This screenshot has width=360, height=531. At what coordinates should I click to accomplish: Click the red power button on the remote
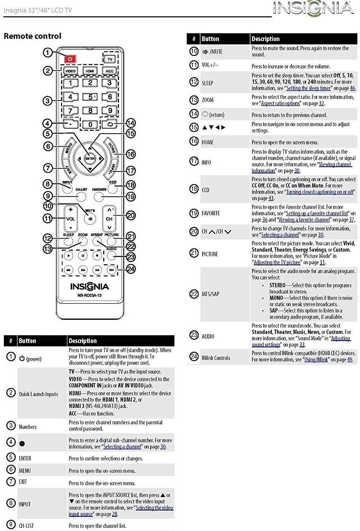[x=70, y=58]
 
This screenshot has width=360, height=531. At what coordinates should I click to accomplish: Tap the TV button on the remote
[x=110, y=59]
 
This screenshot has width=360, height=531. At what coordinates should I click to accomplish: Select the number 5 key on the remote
[x=90, y=97]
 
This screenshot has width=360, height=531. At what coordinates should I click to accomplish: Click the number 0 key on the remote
[x=90, y=124]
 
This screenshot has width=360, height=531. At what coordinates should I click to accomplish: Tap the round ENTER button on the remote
[x=90, y=158]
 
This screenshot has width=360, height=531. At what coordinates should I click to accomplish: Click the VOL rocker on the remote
[x=71, y=219]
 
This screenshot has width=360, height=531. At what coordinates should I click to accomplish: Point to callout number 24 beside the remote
[x=131, y=269]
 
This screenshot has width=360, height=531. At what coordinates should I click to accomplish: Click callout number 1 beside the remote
[x=48, y=52]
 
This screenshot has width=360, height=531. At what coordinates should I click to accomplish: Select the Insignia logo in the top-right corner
[x=314, y=8]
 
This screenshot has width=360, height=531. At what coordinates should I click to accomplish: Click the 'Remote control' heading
[x=33, y=36]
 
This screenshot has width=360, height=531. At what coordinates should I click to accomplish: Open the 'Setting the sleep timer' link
[x=308, y=88]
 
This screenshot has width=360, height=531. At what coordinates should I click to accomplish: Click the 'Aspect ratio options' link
[x=280, y=103]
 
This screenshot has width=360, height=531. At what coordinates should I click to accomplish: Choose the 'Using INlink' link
[x=316, y=360]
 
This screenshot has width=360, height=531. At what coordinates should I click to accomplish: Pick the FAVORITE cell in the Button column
[x=211, y=213]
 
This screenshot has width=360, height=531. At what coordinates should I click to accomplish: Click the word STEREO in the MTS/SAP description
[x=277, y=285]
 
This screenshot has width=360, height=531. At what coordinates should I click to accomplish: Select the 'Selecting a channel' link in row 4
[x=122, y=447]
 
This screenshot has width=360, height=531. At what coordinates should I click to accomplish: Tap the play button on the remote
[x=69, y=255]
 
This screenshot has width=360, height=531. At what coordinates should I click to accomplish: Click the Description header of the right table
[x=265, y=39]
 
